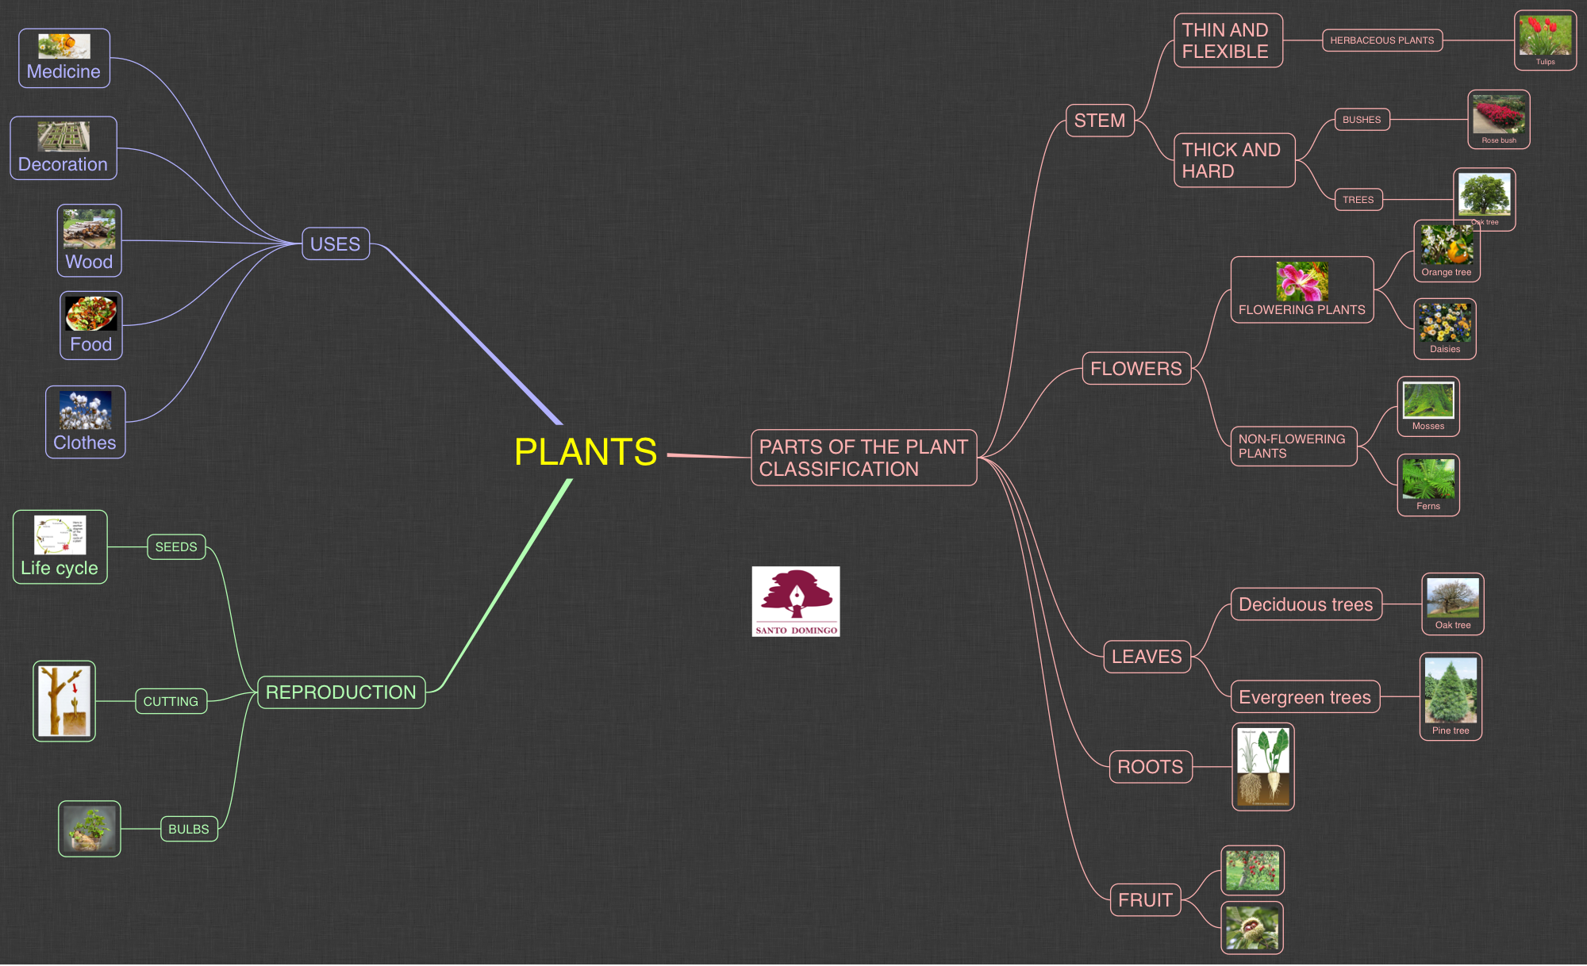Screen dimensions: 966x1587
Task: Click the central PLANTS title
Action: (586, 452)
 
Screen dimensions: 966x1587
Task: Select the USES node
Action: (335, 244)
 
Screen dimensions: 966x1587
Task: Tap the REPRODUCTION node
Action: (340, 692)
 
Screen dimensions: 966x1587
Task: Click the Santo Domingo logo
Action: (795, 601)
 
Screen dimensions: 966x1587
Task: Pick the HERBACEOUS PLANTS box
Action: (1381, 40)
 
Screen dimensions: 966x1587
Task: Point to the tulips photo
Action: (1544, 36)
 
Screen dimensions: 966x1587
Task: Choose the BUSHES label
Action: (1362, 120)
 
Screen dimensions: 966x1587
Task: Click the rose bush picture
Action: (1498, 115)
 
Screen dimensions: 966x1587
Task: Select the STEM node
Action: (1099, 121)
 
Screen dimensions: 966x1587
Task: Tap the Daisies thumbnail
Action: (1444, 324)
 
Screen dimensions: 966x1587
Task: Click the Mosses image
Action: (1428, 401)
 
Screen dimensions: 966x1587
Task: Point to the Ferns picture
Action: (1428, 479)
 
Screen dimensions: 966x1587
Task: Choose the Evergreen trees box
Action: (1305, 697)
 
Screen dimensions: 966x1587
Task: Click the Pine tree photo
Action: (1451, 691)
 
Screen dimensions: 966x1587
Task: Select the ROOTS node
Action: (1150, 767)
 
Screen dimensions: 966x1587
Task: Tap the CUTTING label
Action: (171, 702)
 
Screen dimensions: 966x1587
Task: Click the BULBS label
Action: (189, 829)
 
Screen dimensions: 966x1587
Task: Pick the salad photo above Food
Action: (90, 314)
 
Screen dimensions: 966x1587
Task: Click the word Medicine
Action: (63, 71)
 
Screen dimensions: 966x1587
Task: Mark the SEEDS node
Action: (176, 547)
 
